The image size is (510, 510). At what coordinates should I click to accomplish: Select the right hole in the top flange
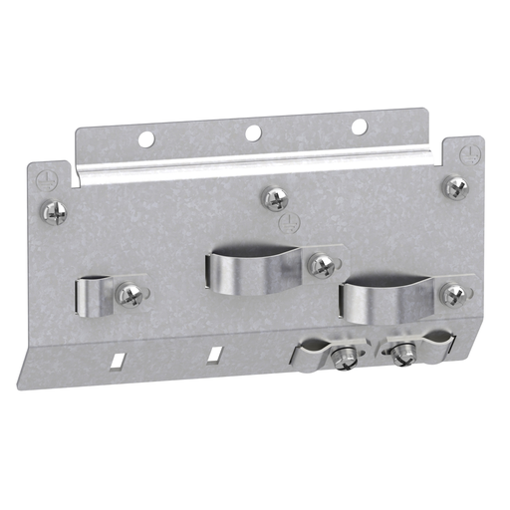(x=359, y=127)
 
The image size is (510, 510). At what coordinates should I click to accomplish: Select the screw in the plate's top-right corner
(x=454, y=186)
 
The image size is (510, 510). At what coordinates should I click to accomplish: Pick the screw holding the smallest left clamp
(x=130, y=294)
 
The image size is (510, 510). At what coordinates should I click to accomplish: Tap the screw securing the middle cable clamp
(x=321, y=264)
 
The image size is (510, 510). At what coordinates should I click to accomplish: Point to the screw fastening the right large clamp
(x=453, y=294)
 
